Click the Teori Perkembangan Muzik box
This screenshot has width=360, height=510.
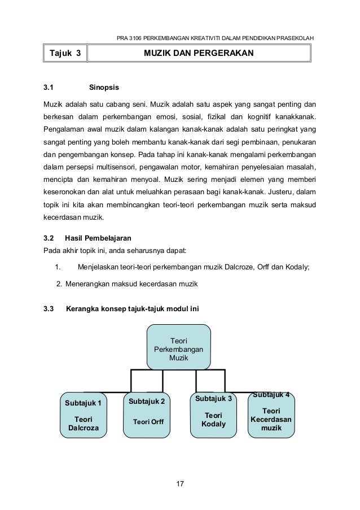tap(179, 348)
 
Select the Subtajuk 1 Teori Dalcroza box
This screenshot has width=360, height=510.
tap(84, 415)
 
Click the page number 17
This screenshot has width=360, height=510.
tap(180, 484)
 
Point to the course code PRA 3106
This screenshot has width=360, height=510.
tap(129, 38)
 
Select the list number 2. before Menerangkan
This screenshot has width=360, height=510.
tap(60, 283)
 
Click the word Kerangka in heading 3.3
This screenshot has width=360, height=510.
tap(84, 309)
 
